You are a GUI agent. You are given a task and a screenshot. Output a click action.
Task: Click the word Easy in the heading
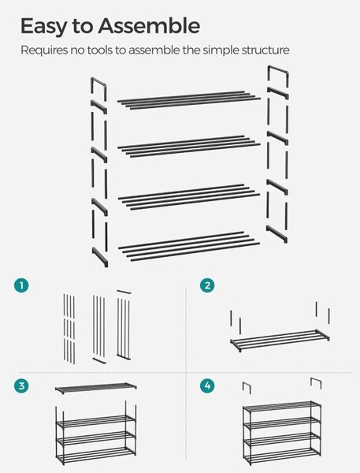pos(43,27)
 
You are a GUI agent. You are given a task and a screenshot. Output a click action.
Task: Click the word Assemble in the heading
pos(149,26)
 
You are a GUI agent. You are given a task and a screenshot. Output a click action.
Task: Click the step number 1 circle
pos(21,285)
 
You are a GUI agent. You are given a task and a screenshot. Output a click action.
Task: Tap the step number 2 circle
pos(207,285)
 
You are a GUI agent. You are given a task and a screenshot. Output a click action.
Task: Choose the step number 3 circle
pos(21,385)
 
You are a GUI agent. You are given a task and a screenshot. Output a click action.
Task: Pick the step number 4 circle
pos(207,385)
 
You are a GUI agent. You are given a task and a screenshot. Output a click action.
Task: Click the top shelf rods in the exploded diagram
pos(189,100)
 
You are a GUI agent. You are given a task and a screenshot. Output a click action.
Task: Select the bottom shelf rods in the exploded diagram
pos(189,247)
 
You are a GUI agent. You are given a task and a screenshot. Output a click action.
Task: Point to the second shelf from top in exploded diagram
pos(189,147)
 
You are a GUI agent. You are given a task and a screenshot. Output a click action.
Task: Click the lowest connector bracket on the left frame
pos(100,257)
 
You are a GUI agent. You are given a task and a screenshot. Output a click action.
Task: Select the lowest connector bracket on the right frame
pos(276,234)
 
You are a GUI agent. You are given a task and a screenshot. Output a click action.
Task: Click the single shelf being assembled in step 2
pos(280,341)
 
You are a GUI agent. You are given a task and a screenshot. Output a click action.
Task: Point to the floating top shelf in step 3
pos(96,388)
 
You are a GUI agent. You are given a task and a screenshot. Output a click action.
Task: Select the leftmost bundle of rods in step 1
pos(69,329)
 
